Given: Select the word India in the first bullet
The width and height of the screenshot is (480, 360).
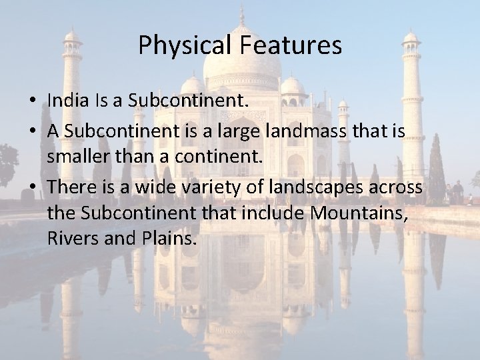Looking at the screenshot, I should (65, 99).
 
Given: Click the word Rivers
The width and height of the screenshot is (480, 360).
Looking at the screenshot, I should (71, 236).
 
